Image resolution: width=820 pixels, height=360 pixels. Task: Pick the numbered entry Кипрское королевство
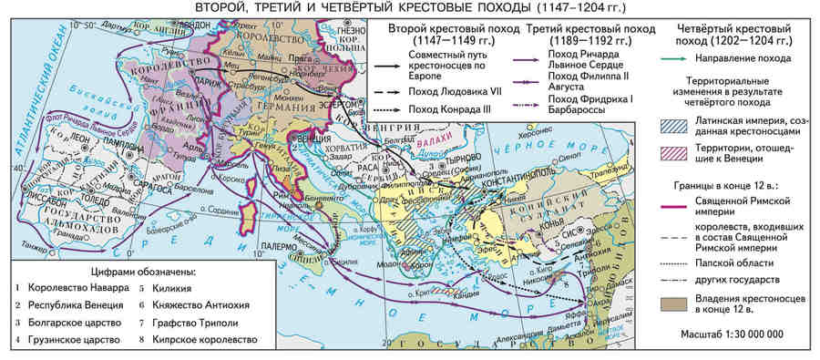tap(204, 340)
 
